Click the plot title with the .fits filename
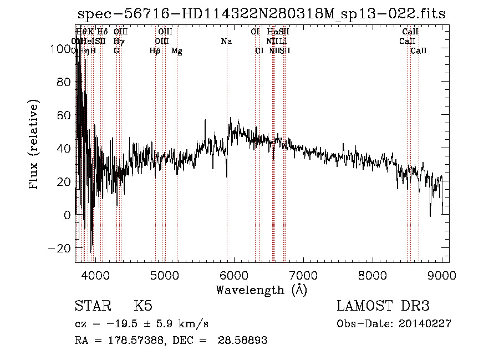point(261,14)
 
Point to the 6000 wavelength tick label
point(233,275)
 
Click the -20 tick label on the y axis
point(62,247)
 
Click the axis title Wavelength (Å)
point(261,290)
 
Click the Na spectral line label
point(226,41)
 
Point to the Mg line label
point(176,51)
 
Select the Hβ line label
point(155,51)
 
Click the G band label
point(116,50)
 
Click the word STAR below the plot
point(92,306)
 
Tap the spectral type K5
point(142,306)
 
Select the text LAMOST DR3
point(383,306)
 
